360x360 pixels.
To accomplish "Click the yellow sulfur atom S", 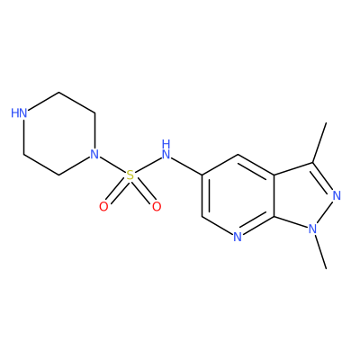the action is tap(130, 175).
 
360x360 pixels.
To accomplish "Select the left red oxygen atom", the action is tap(103, 206).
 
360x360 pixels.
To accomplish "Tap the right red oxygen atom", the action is tap(157, 206).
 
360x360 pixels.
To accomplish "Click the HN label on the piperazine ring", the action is tap(19, 113).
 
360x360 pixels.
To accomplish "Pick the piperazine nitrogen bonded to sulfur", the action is tap(94, 154).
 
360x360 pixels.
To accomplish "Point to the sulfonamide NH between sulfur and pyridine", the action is tap(166, 149).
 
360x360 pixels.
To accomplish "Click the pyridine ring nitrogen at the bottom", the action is tap(238, 237).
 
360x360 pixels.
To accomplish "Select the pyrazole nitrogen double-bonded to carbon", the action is tap(337, 195).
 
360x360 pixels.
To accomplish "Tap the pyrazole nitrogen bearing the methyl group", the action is tap(312, 229).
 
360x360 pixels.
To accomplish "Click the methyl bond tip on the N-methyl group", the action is tap(326, 268).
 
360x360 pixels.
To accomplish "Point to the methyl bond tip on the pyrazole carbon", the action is tap(326, 122).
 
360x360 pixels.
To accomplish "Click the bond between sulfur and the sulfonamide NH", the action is tap(148, 165).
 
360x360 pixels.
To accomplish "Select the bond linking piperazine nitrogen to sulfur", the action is tap(112, 165).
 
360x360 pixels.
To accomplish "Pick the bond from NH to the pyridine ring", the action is tap(186, 165).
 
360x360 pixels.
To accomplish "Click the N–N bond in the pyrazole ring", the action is tap(325, 212).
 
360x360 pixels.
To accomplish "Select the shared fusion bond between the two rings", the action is tap(274, 195).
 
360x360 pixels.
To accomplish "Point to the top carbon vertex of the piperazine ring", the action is tap(58, 93).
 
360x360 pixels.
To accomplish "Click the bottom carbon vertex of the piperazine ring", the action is tap(58, 175).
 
